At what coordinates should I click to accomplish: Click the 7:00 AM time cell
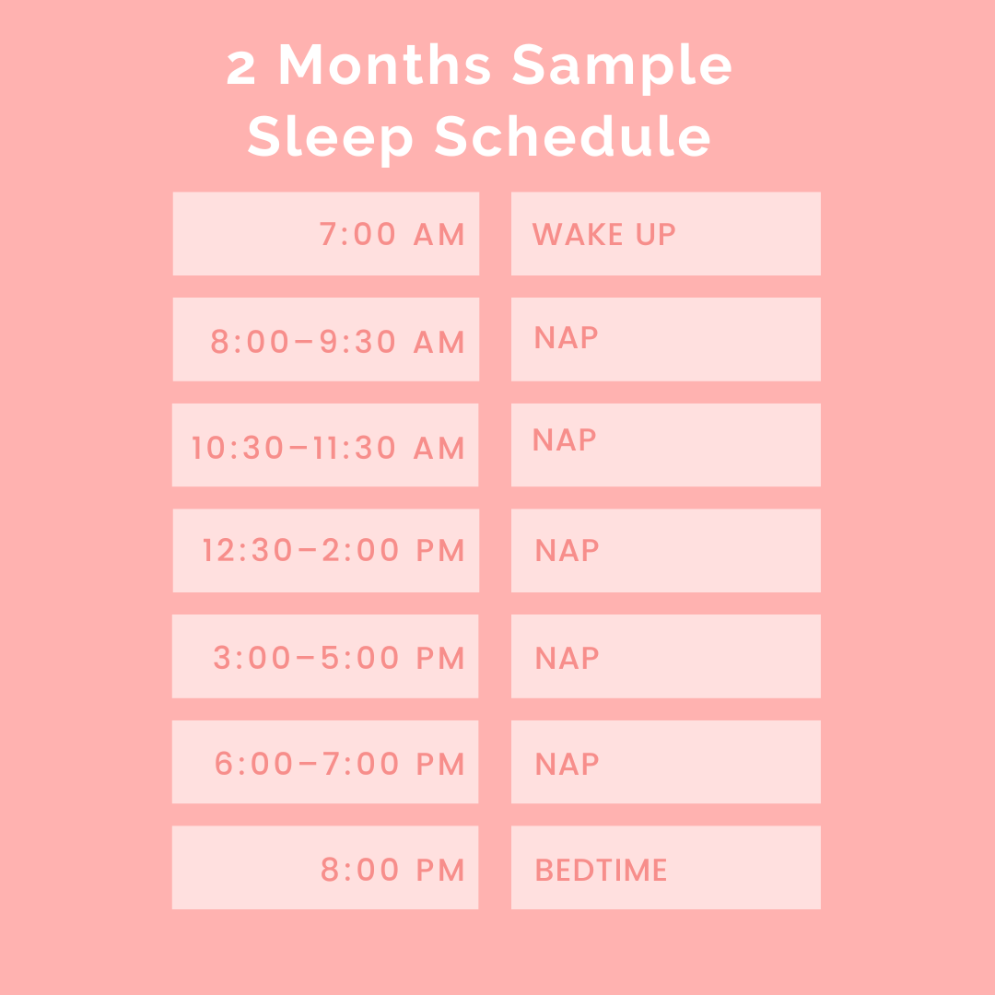pyautogui.click(x=392, y=235)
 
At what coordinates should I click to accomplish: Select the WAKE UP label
pyautogui.click(x=603, y=235)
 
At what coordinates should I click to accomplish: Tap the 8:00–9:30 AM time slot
pyautogui.click(x=337, y=342)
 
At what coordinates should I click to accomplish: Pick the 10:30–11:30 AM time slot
pyautogui.click(x=328, y=449)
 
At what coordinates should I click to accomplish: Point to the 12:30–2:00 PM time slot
pyautogui.click(x=334, y=551)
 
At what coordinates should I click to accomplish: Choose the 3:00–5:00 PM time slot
pyautogui.click(x=339, y=658)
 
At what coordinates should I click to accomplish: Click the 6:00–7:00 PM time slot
pyautogui.click(x=339, y=764)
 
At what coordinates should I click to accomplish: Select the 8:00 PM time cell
pyautogui.click(x=392, y=870)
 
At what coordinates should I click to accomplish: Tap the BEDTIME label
pyautogui.click(x=601, y=871)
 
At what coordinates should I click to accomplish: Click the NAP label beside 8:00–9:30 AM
pyautogui.click(x=566, y=338)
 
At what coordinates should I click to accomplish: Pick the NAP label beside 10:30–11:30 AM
pyautogui.click(x=564, y=440)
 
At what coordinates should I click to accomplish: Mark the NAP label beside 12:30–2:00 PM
pyautogui.click(x=567, y=551)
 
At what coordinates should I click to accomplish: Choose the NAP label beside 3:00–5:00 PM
pyautogui.click(x=567, y=658)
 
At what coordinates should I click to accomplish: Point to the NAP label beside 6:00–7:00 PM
pyautogui.click(x=567, y=764)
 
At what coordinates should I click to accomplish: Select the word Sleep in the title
pyautogui.click(x=331, y=138)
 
